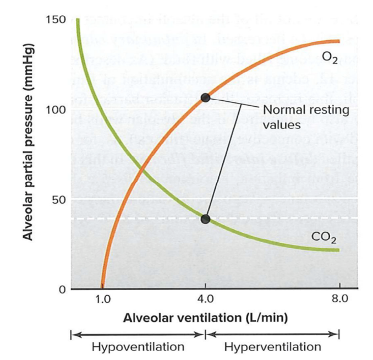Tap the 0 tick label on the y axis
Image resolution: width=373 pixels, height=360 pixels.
tap(63, 289)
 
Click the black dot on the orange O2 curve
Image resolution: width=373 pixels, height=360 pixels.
tap(205, 97)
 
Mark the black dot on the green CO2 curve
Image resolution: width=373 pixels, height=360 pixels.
tap(205, 219)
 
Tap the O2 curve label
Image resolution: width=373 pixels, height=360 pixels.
tap(330, 56)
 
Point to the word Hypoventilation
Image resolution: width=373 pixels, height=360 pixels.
tap(138, 347)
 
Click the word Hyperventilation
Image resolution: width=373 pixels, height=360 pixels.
tap(272, 347)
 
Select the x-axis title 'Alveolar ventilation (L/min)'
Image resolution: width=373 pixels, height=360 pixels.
tap(205, 318)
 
